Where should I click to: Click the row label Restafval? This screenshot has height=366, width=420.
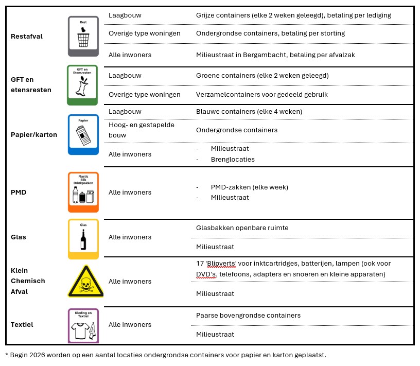click(27, 36)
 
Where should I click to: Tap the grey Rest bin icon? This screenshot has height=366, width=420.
click(83, 36)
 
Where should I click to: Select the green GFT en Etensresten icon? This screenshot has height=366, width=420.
click(82, 85)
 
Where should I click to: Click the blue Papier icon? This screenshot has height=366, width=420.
click(83, 134)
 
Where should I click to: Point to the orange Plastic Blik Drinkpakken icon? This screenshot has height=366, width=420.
click(83, 192)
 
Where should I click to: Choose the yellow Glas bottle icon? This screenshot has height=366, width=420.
click(83, 239)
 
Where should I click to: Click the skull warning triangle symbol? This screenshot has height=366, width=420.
click(85, 282)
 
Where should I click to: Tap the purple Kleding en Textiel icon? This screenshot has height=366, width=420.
click(83, 325)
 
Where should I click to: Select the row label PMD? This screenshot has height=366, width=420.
click(19, 193)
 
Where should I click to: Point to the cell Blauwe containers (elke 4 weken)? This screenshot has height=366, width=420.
click(249, 112)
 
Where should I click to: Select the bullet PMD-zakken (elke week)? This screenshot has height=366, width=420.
click(249, 187)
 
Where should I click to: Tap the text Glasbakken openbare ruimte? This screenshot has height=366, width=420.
click(242, 228)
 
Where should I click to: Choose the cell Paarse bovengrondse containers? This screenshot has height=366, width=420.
click(248, 315)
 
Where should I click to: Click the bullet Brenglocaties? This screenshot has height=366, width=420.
click(233, 159)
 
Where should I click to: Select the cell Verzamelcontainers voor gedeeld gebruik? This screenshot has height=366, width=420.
click(261, 95)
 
